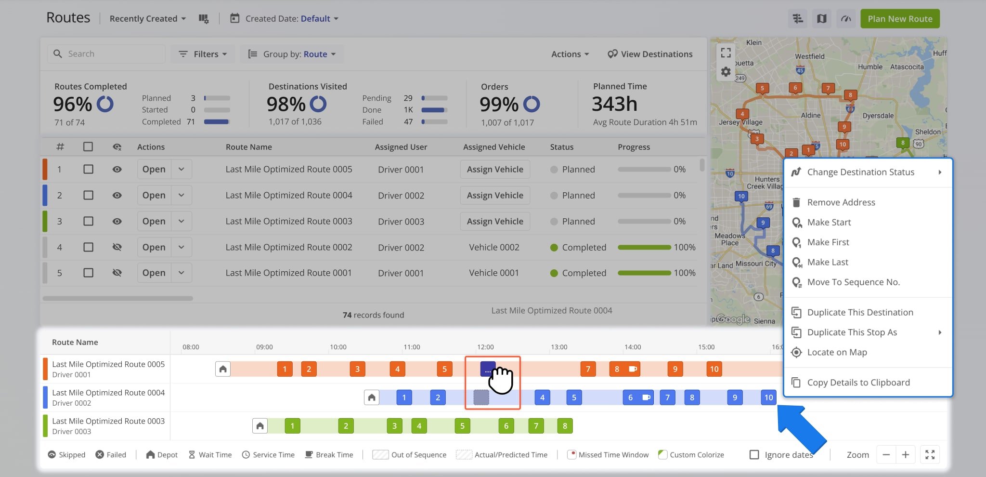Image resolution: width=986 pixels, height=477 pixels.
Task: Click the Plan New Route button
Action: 899,19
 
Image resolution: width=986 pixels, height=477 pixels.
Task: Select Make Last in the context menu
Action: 827,262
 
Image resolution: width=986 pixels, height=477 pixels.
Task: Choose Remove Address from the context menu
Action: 841,202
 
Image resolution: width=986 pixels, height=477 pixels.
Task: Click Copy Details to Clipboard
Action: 858,383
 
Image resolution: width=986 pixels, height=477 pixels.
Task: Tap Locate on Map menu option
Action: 837,352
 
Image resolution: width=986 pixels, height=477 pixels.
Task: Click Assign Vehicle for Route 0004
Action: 494,195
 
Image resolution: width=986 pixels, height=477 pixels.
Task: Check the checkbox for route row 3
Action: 88,221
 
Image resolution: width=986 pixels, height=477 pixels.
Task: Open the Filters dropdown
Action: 203,54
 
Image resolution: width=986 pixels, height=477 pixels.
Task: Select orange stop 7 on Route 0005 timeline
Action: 588,369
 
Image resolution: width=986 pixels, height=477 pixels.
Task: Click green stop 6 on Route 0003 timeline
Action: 506,426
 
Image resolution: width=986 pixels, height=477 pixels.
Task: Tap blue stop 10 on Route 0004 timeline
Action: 768,397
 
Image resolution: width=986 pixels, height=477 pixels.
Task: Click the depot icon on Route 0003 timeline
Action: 260,426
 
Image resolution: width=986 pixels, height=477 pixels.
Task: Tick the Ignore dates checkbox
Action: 754,455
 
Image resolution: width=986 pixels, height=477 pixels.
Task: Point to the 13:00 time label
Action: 559,347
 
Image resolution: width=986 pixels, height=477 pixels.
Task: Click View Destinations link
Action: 650,54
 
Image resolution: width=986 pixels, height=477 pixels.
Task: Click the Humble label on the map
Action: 870,67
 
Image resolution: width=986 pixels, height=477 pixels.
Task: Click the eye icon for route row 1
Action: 117,170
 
